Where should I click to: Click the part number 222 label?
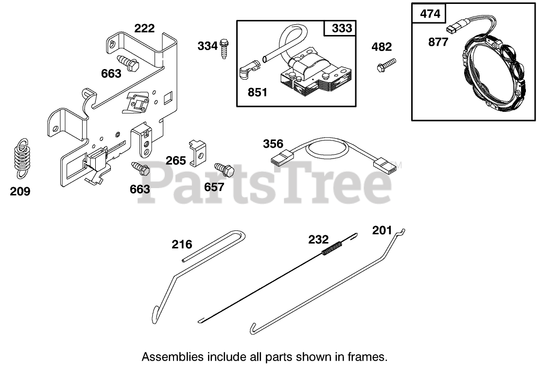tap(144, 28)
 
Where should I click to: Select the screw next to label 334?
tap(224, 49)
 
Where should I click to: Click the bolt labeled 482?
tap(386, 65)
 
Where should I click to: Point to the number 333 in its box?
tap(342, 28)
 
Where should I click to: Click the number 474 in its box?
tap(430, 13)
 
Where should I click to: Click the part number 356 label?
tap(273, 144)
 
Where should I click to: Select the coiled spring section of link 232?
tap(332, 248)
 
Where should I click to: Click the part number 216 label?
tap(182, 244)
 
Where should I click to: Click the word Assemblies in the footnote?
tap(168, 356)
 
